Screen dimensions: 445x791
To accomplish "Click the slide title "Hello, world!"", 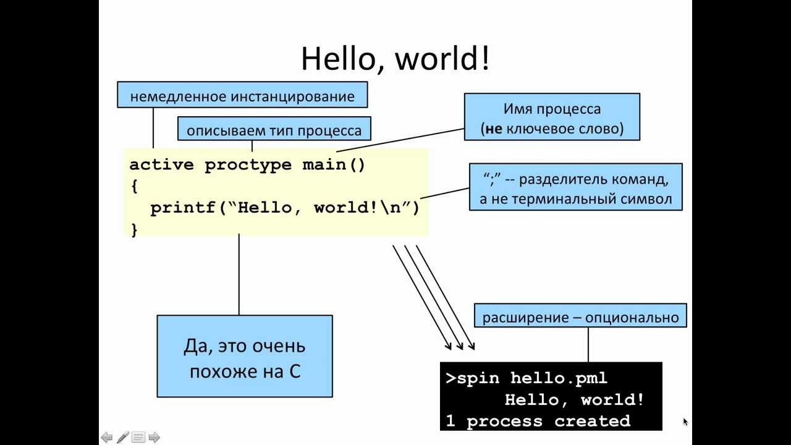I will point(395,59).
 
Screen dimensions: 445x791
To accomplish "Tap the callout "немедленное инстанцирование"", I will point(242,96).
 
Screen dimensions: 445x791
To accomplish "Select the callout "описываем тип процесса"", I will point(274,130).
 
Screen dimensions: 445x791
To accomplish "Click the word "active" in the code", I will point(161,165).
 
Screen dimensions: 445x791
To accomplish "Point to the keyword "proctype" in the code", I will point(248,165).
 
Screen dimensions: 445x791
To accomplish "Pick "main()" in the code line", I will point(334,165).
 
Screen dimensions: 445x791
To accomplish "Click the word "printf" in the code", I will point(183,208).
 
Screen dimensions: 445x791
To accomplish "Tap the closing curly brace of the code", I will point(134,230).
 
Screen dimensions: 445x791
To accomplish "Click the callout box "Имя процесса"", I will point(552,117).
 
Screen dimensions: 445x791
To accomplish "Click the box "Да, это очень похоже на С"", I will point(245,356).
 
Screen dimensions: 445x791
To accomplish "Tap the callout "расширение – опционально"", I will point(580,318).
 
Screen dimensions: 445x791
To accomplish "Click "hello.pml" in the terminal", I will point(559,378).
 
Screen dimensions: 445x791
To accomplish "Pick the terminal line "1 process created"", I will point(538,422).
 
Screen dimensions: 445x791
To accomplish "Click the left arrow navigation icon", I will point(107,438).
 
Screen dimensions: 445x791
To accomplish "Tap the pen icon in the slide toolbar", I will point(122,438).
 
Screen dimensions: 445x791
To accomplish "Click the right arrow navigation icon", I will point(154,438).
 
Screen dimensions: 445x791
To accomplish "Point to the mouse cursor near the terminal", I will point(685,421).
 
